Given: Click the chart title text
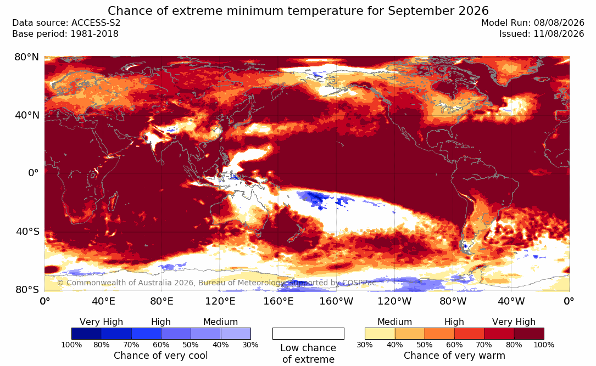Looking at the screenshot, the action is tap(298, 10).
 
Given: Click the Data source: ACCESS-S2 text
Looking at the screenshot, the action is tap(66, 23).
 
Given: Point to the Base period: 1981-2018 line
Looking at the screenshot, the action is tap(65, 34).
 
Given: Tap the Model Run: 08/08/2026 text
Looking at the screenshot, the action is tap(532, 23).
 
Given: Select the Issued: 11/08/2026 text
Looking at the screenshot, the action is tap(542, 34).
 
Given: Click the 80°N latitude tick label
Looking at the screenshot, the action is tap(26, 57).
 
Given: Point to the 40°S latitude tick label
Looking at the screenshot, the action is tap(27, 232).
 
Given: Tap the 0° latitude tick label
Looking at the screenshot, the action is tap(34, 173).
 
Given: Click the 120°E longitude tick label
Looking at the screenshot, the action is tap(220, 301).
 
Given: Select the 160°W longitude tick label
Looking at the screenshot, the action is tap(336, 301).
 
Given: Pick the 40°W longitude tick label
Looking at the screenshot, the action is tap(511, 301).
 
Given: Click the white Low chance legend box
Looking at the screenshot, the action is tap(308, 334).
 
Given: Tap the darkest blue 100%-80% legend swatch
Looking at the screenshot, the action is tap(87, 334).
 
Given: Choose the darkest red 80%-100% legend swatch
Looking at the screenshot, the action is tap(529, 334).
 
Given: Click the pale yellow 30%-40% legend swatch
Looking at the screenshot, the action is tap(380, 334).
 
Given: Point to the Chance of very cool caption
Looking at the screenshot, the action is tap(161, 356).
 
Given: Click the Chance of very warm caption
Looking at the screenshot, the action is tap(454, 356).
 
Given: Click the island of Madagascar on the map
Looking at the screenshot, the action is tap(113, 201).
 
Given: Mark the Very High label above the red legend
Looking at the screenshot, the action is tap(514, 322).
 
